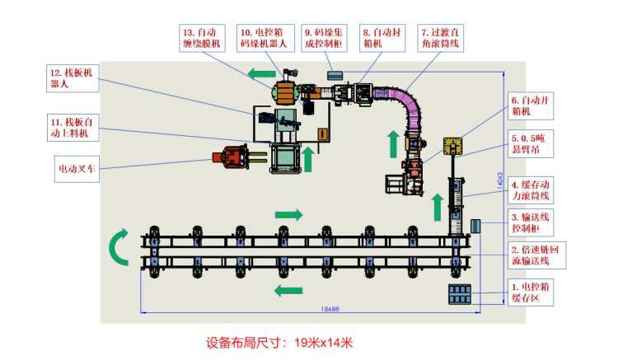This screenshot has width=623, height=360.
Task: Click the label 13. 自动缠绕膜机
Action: tap(202, 38)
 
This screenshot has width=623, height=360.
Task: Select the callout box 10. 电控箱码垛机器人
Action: tap(266, 38)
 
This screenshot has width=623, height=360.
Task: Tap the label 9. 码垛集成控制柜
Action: tap(324, 38)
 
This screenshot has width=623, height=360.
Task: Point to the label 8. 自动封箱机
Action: tap(382, 38)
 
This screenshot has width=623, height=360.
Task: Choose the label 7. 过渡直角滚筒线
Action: tap(440, 38)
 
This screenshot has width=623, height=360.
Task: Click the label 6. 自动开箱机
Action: tap(531, 106)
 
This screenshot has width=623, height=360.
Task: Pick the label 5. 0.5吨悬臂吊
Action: tap(531, 144)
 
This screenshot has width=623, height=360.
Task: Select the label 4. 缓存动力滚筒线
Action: tap(531, 190)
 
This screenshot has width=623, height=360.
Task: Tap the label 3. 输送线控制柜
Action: tap(531, 222)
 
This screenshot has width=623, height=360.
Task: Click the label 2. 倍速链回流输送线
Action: tap(536, 255)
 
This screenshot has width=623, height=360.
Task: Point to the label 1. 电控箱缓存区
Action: tap(531, 292)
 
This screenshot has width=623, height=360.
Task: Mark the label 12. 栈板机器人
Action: tap(73, 79)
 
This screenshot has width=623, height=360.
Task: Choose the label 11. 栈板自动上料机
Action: tap(73, 128)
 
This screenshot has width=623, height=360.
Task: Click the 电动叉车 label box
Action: tap(77, 169)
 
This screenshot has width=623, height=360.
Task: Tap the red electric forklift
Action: tap(231, 157)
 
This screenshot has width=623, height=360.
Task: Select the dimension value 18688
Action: tap(330, 309)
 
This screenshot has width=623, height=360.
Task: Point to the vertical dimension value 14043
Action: tap(500, 180)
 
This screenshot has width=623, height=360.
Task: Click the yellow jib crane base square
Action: tap(452, 147)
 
